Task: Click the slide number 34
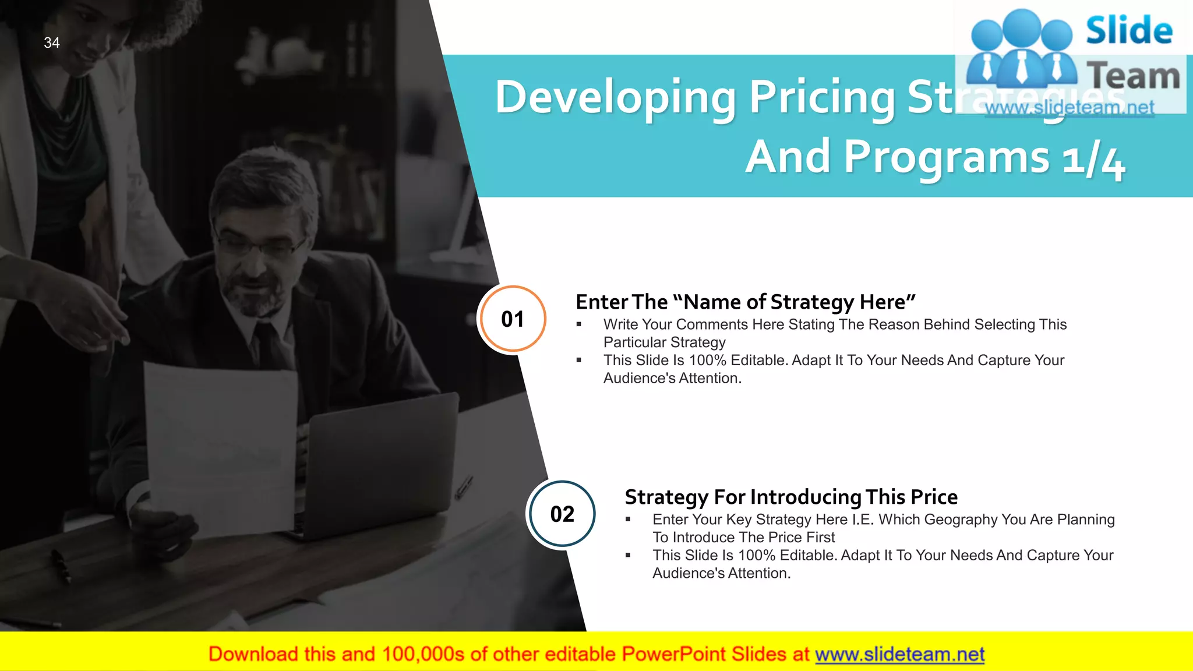point(52,43)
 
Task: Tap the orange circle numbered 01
point(512,319)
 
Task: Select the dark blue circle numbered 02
point(562,514)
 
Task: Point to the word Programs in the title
point(947,157)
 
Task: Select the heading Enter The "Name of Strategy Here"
point(745,302)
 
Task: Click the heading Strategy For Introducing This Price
point(790,497)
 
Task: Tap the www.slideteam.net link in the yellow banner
point(899,654)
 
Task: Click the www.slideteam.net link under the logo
point(1070,107)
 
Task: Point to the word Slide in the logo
point(1129,30)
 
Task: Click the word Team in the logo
point(1133,76)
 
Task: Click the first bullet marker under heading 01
point(579,324)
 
